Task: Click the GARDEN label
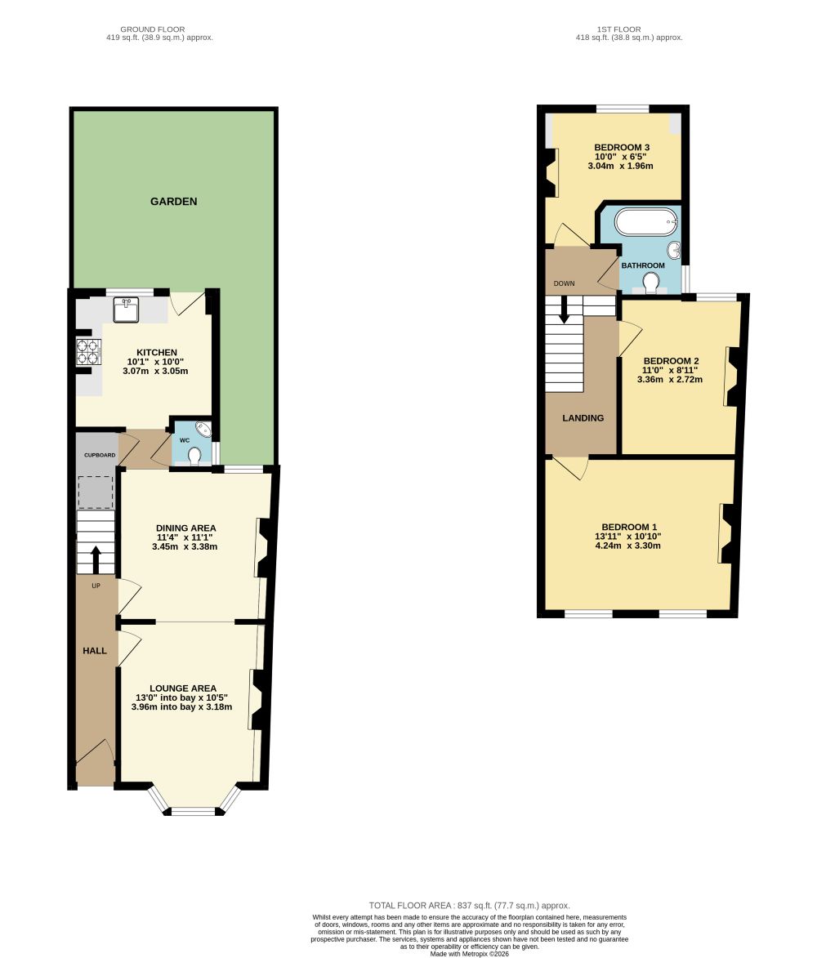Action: (173, 202)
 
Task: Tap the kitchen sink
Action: (126, 310)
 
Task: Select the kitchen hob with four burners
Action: (88, 352)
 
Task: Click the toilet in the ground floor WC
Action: (194, 456)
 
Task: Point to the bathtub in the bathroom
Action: (646, 222)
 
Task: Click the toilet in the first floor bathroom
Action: (651, 283)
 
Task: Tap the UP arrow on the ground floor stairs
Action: (96, 559)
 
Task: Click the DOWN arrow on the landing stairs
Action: (564, 310)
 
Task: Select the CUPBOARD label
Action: (100, 455)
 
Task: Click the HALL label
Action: (95, 651)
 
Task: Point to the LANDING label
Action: (583, 418)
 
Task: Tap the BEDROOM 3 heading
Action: (622, 147)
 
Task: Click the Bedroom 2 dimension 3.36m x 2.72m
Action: (670, 380)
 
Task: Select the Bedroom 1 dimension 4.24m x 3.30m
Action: (627, 546)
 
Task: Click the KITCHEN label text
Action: (156, 353)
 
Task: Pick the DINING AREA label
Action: (185, 528)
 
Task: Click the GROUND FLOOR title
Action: (152, 29)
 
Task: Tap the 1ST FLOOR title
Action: (619, 29)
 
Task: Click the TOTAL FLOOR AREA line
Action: (469, 906)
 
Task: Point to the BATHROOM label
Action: (643, 265)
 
